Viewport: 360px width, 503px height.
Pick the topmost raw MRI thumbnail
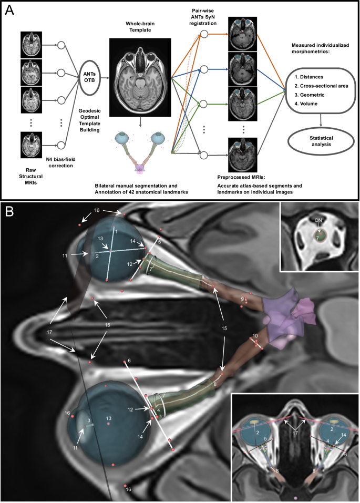point(30,44)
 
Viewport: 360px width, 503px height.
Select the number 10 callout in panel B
point(255,335)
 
